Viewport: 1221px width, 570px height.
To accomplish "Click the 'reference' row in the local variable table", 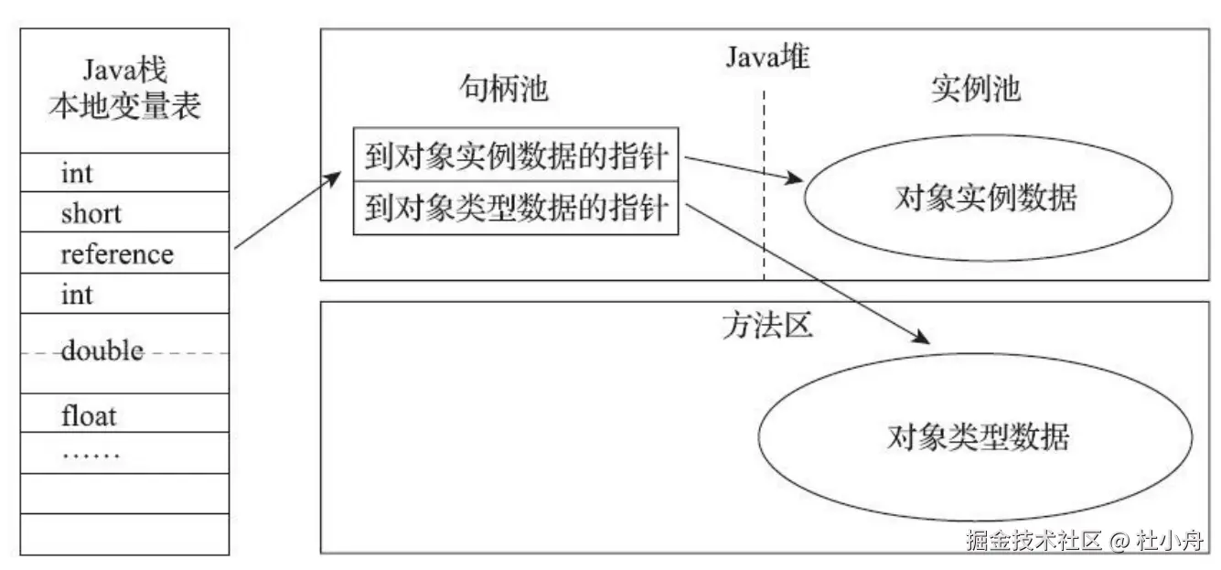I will pos(117,253).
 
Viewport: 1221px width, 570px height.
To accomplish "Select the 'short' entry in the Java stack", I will pos(91,213).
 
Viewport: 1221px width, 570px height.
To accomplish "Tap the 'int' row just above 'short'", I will pos(77,173).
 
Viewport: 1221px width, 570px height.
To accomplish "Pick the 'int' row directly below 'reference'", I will pos(77,295).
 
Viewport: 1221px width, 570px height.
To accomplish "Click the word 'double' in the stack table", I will pos(102,350).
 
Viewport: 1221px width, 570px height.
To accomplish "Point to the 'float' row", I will pos(89,416).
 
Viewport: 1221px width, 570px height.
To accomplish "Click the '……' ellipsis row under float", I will pos(91,452).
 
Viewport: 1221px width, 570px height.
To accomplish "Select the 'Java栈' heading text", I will pos(124,71).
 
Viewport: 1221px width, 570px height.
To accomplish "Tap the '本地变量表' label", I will pos(124,108).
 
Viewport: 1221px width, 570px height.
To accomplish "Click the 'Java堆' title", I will pos(768,57).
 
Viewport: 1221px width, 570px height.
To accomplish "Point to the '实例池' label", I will pos(976,89).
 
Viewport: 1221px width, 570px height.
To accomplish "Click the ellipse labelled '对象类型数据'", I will pos(977,437).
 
